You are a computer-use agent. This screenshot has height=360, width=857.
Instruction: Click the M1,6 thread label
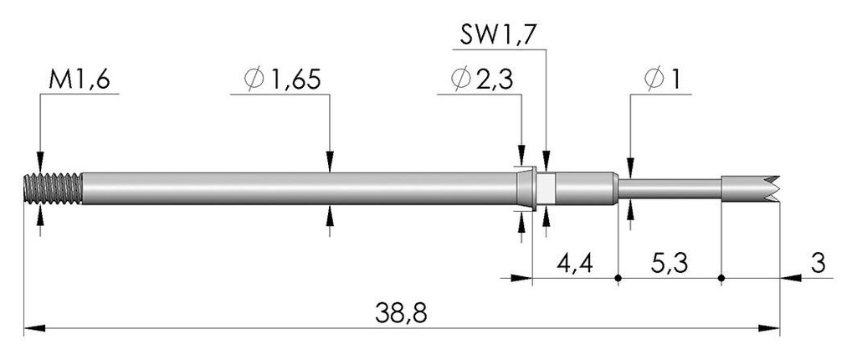80,80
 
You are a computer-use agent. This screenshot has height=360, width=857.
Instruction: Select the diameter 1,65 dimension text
282,80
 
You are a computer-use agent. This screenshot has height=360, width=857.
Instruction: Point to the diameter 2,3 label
482,80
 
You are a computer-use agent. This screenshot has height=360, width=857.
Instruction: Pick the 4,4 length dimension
575,264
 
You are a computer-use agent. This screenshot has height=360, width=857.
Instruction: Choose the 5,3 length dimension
670,264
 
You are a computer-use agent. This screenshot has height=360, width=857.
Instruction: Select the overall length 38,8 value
401,313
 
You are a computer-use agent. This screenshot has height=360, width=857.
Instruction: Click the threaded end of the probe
54,188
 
